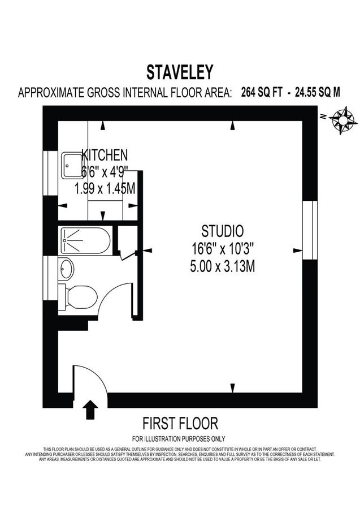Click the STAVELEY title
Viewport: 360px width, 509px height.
point(180,72)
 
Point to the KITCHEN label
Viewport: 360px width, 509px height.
point(105,154)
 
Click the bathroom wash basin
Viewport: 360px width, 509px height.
point(66,269)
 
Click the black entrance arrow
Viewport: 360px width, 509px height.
point(89,409)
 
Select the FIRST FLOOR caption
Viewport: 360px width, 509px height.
point(180,424)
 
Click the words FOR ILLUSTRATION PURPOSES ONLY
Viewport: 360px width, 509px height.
point(179,438)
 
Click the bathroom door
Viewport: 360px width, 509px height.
point(129,256)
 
